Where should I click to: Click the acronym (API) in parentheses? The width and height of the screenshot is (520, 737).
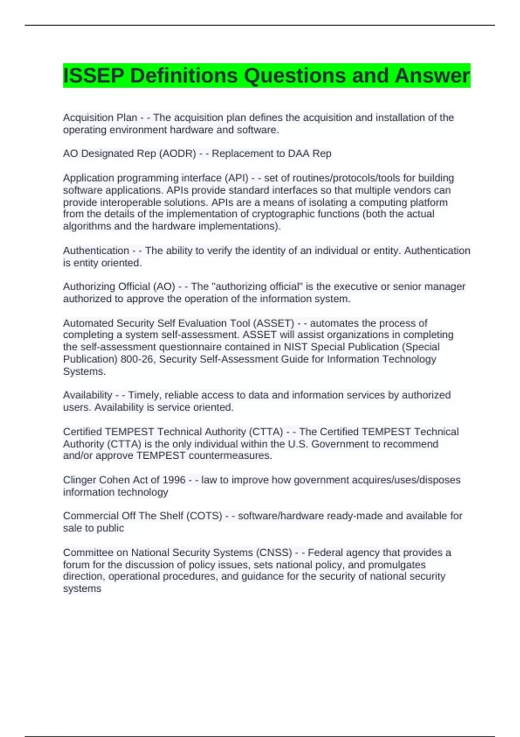236,178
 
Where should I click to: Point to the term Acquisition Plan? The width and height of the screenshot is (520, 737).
100,117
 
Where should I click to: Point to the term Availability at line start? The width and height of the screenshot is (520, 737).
88,395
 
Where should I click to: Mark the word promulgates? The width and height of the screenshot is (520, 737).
397,564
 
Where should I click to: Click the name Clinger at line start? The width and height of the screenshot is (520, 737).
79,480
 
